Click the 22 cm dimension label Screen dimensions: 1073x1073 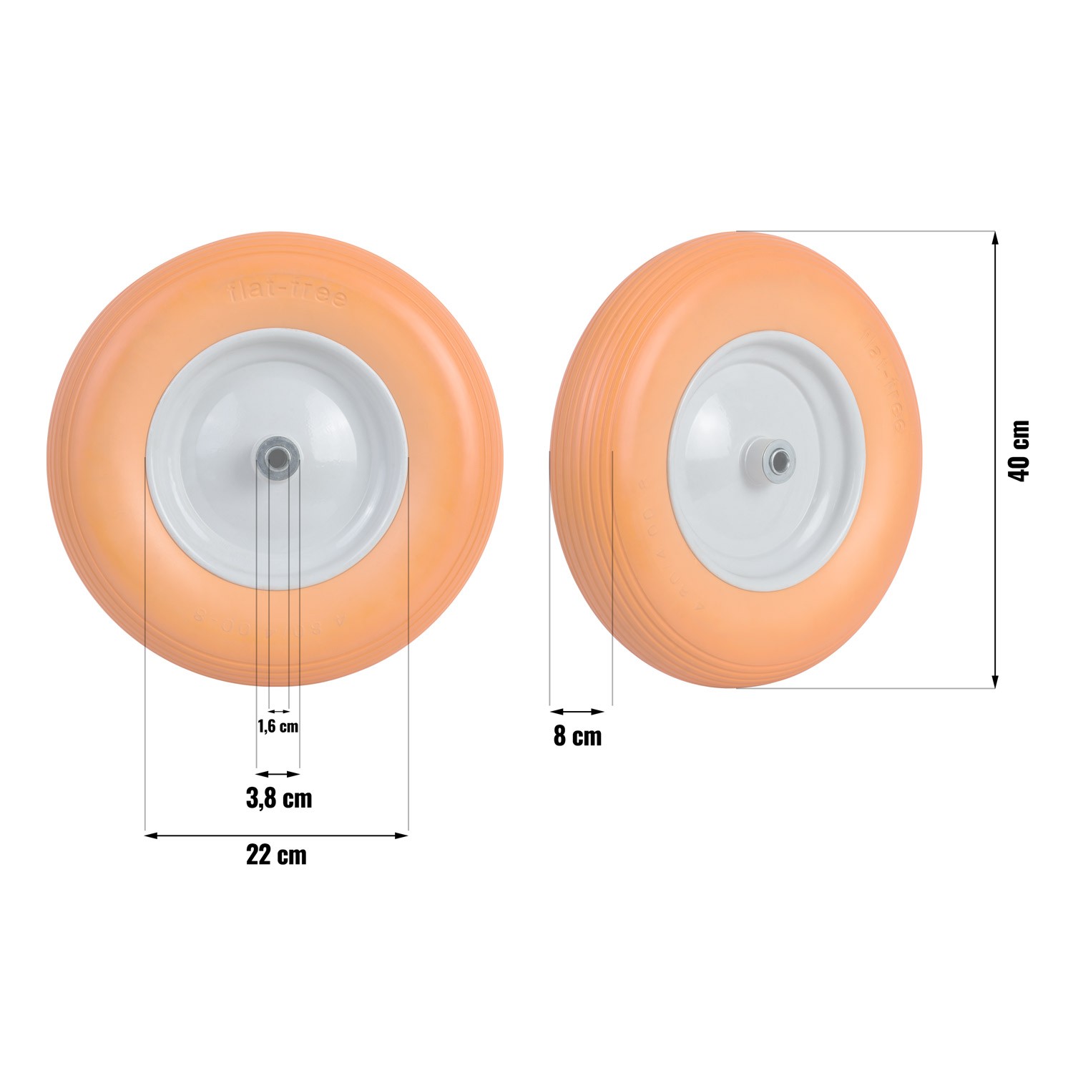pyautogui.click(x=276, y=856)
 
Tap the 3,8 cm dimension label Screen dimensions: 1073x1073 pyautogui.click(x=279, y=798)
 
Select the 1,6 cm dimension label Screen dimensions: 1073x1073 pyautogui.click(x=278, y=727)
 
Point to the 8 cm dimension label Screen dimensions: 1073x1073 pyautogui.click(x=577, y=736)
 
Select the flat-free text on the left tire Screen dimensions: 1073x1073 pyautogui.click(x=288, y=293)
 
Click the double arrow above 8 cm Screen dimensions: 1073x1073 pyautogui.click(x=577, y=712)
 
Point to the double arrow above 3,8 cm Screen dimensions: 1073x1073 pyautogui.click(x=278, y=773)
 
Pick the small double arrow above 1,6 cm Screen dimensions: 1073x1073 pyautogui.click(x=278, y=711)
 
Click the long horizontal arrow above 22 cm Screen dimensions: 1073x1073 pyautogui.click(x=276, y=834)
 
